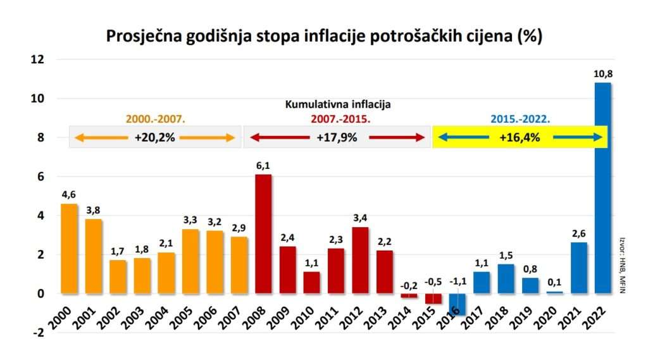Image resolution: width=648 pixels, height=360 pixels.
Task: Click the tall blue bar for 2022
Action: pyautogui.click(x=603, y=188)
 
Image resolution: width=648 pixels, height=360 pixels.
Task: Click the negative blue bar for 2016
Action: pyautogui.click(x=458, y=304)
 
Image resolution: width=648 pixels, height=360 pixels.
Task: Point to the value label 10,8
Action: pyautogui.click(x=604, y=75)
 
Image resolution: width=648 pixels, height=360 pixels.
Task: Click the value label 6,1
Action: pyautogui.click(x=263, y=166)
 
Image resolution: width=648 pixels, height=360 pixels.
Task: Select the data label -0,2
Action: pyautogui.click(x=409, y=283)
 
